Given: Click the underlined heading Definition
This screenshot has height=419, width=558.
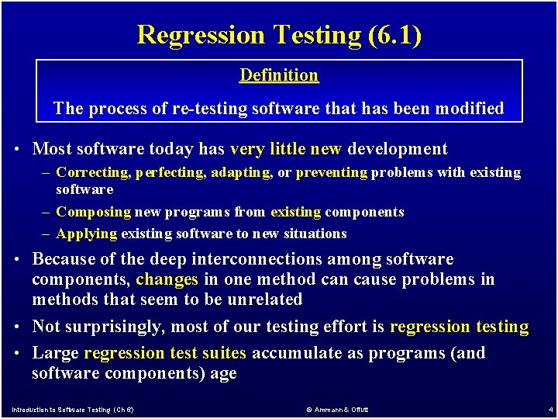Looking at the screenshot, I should coord(279,75).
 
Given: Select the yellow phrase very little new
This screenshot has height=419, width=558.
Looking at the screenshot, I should coord(287,149).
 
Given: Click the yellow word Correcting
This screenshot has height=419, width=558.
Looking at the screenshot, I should coord(93,172).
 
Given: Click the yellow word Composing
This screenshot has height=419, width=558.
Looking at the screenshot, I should coord(94,212).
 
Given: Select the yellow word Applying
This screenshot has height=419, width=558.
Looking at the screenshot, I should coord(87,234).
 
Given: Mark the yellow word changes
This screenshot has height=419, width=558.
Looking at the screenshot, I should coord(167,279).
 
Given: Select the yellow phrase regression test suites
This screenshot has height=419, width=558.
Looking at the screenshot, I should coord(165,353).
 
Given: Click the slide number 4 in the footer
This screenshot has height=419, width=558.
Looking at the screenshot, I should coord(549,409).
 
